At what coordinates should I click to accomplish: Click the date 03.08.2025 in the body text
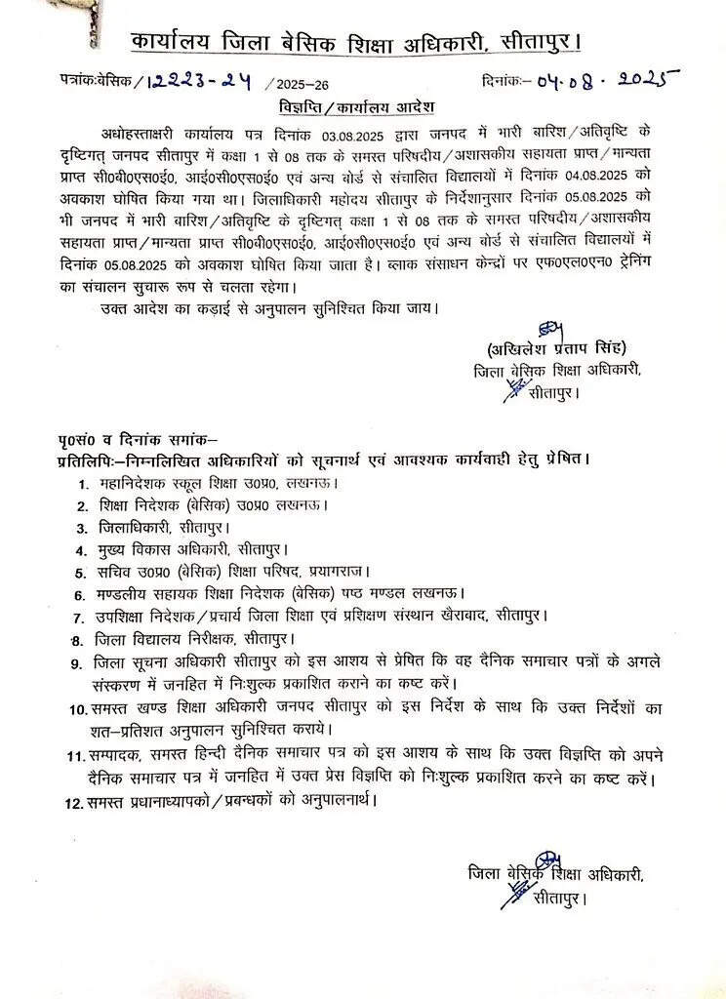(367, 133)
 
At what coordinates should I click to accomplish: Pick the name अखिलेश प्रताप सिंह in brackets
(556, 349)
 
